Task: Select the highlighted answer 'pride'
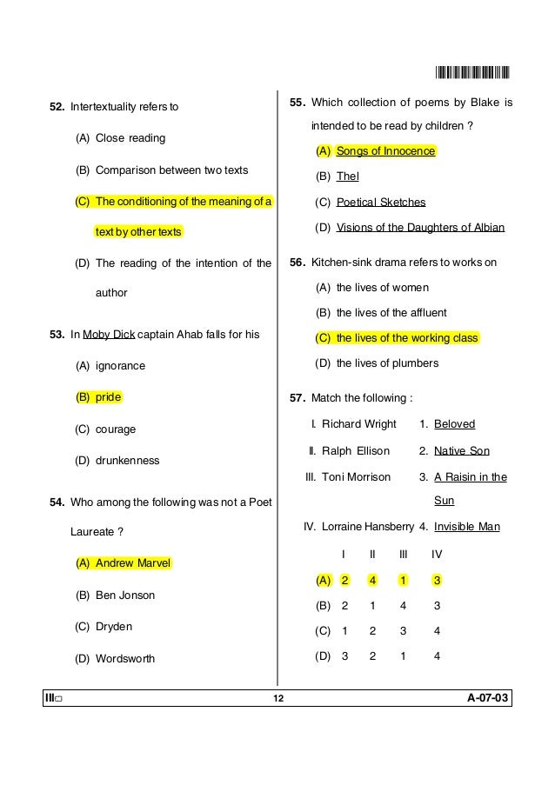[x=108, y=397]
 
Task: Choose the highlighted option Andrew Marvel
[x=133, y=563]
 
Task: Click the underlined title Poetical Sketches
[x=380, y=202]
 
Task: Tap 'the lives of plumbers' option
[x=386, y=363]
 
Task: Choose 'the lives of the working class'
[x=406, y=337]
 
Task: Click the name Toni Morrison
[x=356, y=476]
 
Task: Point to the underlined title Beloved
[x=454, y=424]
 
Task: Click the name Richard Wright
[x=358, y=424]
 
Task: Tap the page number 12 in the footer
[x=277, y=700]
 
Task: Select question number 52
[x=57, y=108]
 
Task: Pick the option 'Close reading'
[x=130, y=138]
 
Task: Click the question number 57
[x=298, y=398]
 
